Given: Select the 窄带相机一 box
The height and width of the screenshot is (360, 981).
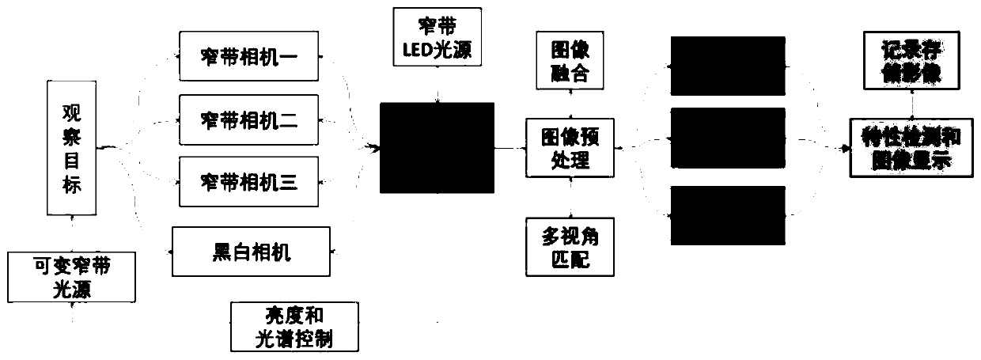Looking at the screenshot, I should click(x=248, y=56).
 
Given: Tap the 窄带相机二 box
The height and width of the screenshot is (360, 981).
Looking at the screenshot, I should click(x=248, y=120).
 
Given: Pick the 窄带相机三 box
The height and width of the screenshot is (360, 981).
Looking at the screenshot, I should click(x=248, y=184).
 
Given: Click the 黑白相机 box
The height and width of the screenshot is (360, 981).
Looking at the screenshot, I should click(x=252, y=252).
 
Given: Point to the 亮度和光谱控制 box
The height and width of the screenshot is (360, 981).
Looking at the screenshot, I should click(x=294, y=328).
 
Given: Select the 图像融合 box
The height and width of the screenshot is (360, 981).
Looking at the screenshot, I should click(x=570, y=61).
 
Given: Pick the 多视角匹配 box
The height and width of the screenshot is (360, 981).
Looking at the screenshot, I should click(x=570, y=245).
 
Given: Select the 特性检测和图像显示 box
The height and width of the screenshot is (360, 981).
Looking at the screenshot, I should click(x=911, y=147).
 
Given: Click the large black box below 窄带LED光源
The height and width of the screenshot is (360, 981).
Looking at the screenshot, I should click(x=437, y=148).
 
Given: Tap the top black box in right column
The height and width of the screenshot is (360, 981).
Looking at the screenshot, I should click(x=728, y=66).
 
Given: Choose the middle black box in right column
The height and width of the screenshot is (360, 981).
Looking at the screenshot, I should click(x=728, y=138).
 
